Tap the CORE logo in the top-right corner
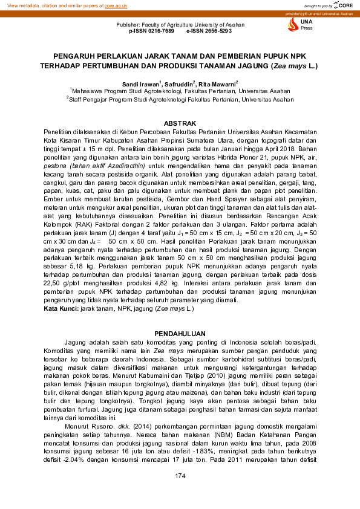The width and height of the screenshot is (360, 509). (343, 5)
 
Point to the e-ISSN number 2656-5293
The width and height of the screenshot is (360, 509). (209, 30)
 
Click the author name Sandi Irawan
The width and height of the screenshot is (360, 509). (140, 83)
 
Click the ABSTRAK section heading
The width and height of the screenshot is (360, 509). (180, 123)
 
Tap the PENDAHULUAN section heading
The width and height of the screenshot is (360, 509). (180, 334)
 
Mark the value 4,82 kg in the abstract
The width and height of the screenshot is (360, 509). (165, 282)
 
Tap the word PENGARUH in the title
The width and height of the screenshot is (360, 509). (77, 53)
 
